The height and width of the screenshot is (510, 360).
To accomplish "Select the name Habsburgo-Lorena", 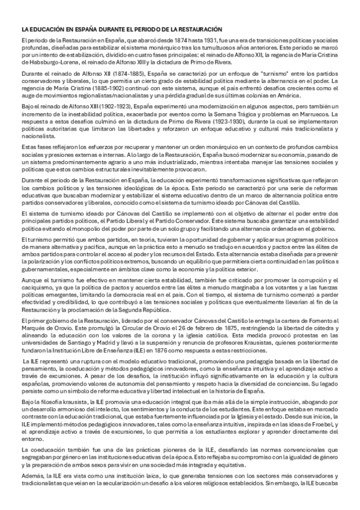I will pyautogui.click(x=43, y=61).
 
